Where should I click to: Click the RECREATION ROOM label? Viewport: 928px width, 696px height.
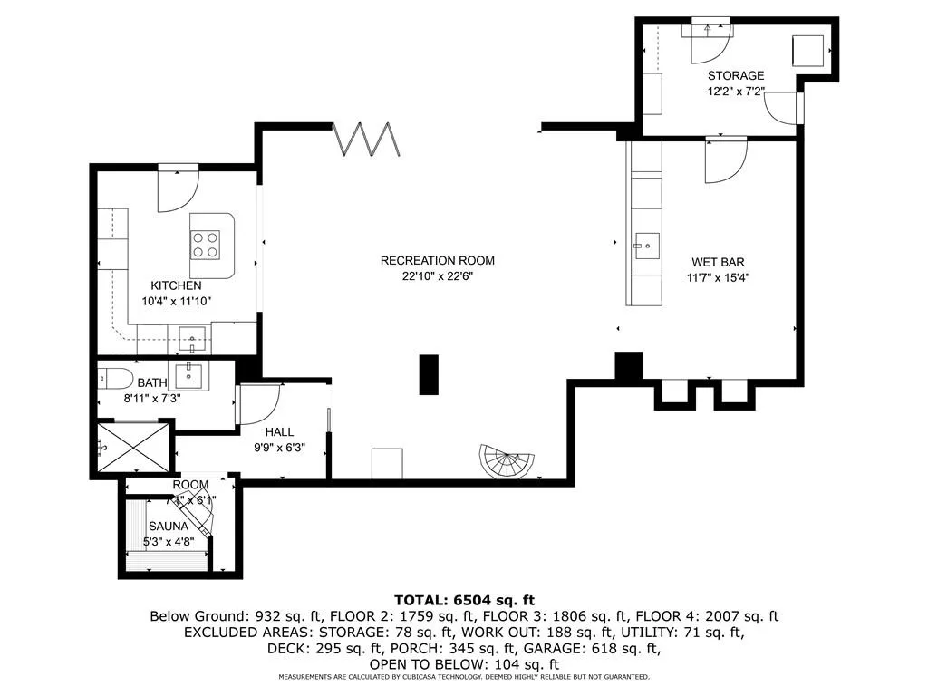click(437, 261)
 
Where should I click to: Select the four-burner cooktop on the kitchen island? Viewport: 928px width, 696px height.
click(204, 244)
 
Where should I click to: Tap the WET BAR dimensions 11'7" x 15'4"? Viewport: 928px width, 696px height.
click(717, 277)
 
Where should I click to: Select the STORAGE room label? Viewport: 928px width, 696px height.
click(736, 76)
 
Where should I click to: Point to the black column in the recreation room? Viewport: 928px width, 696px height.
click(429, 374)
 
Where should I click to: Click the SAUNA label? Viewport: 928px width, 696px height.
click(169, 527)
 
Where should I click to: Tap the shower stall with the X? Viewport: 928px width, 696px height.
click(132, 447)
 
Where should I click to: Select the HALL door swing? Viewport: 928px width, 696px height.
click(258, 402)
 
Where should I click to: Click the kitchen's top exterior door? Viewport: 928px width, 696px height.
click(177, 188)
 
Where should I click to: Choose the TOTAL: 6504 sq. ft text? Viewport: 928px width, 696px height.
click(464, 600)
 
